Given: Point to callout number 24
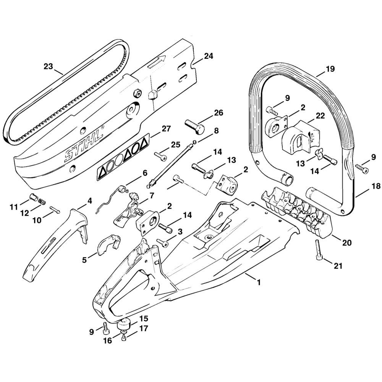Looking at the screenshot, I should click(x=208, y=56).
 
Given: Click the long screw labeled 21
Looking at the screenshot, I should click(x=319, y=250).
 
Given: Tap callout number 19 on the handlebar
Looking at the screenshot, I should click(x=330, y=69).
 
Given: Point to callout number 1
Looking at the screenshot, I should click(x=259, y=283).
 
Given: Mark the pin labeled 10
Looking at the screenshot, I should click(x=55, y=209).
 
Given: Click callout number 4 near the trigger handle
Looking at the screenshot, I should click(x=90, y=200).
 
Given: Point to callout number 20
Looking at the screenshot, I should click(x=347, y=242).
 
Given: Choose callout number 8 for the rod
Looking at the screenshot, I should click(x=216, y=131).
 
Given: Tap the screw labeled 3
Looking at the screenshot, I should click(x=163, y=242).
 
